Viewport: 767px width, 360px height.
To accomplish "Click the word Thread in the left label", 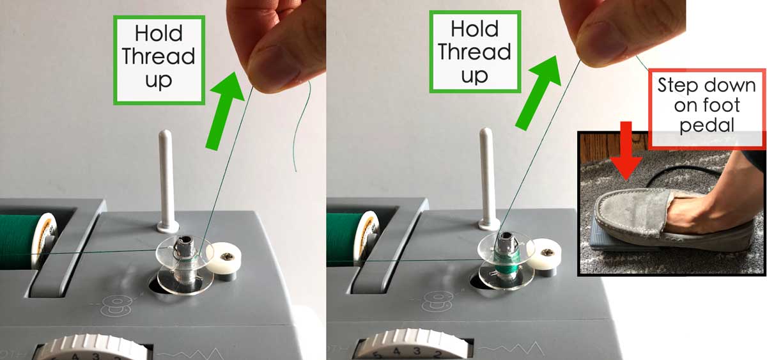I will coord(159,56).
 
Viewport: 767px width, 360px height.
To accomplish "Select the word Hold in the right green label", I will coord(474,29).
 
